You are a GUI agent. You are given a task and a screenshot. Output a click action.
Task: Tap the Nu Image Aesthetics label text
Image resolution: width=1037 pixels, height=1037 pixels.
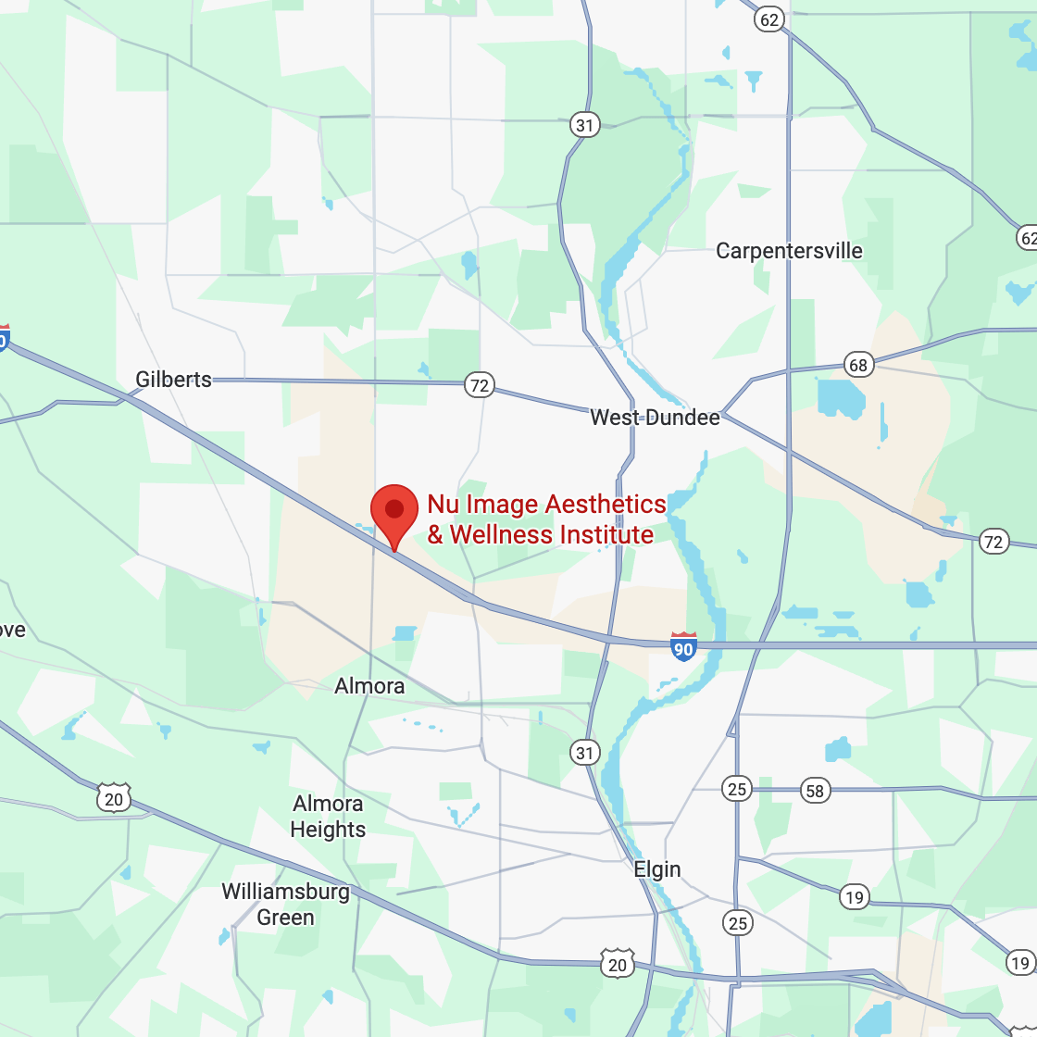point(546,519)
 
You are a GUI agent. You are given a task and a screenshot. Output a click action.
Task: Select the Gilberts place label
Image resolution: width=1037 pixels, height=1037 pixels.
point(173,380)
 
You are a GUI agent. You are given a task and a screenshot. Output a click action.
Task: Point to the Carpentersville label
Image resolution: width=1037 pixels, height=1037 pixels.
point(789,251)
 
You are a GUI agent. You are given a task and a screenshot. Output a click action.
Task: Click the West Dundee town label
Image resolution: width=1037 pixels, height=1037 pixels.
point(655,418)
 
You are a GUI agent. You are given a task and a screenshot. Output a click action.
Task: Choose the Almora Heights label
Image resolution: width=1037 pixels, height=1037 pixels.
point(328,816)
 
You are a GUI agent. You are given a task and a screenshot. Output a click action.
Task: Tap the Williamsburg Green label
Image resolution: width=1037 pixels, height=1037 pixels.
point(285,905)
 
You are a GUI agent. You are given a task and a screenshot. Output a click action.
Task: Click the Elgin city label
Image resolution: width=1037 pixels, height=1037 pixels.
point(657,869)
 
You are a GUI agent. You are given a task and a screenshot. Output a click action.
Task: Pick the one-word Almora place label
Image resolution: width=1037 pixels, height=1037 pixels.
point(369,686)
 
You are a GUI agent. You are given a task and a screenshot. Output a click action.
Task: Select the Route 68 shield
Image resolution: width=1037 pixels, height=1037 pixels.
point(858,365)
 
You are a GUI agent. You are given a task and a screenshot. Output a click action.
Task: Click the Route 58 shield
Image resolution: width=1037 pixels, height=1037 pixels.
point(815,790)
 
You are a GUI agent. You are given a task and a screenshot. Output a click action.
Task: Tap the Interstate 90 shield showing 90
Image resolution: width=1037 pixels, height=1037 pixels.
point(683,648)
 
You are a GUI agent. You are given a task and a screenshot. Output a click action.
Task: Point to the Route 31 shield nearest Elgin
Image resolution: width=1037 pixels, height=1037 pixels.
point(584,753)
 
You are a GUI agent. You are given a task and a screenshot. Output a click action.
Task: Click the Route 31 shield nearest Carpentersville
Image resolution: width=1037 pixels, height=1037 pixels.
point(585,125)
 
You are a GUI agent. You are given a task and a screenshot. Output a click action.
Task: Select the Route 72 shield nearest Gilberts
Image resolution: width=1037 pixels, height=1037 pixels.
point(479,384)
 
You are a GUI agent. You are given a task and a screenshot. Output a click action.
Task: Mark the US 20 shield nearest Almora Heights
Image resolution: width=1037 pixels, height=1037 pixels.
point(113,797)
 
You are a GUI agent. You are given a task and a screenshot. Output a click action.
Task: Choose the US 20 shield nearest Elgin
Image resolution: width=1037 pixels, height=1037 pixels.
point(618,964)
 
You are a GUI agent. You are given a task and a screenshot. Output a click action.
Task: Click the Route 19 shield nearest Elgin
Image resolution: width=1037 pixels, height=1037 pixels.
point(855,896)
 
